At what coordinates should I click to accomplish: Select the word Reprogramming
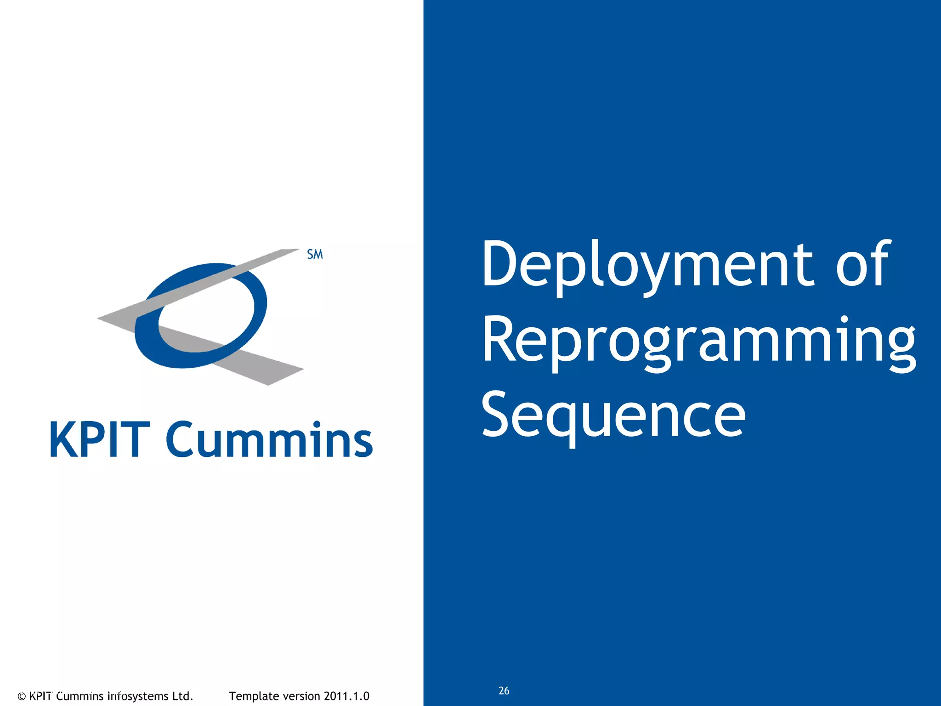pyautogui.click(x=698, y=342)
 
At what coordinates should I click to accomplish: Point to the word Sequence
pyautogui.click(x=613, y=416)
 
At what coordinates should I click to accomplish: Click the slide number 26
pyautogui.click(x=504, y=691)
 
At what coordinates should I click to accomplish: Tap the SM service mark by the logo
pyautogui.click(x=315, y=254)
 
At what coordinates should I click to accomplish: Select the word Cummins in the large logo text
pyautogui.click(x=269, y=439)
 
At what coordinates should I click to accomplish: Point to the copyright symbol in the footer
pyautogui.click(x=22, y=696)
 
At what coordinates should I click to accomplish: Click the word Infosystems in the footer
pyautogui.click(x=137, y=696)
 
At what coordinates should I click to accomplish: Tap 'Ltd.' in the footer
pyautogui.click(x=182, y=696)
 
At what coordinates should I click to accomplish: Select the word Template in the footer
pyautogui.click(x=254, y=696)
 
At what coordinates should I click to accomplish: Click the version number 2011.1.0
pyautogui.click(x=346, y=696)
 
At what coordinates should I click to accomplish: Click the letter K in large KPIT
pyautogui.click(x=64, y=439)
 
